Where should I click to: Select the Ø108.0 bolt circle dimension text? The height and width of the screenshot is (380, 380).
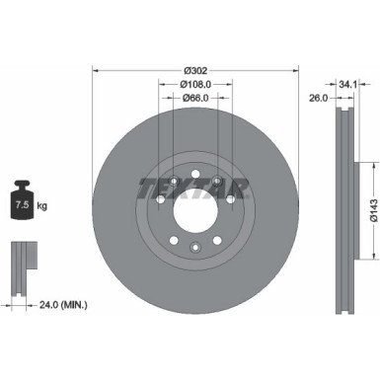tap(196, 84)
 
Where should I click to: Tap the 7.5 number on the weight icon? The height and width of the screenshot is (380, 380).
tap(21, 205)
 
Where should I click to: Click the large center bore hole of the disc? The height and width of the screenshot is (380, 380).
tap(195, 210)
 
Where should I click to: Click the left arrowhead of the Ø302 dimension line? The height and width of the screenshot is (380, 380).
tap(96, 70)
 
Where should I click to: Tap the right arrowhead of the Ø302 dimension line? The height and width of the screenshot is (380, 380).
tap(296, 70)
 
